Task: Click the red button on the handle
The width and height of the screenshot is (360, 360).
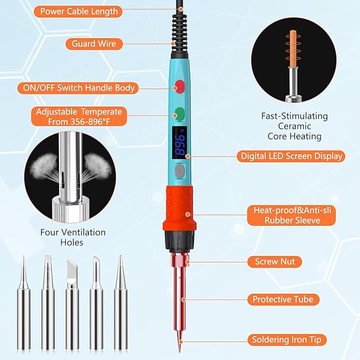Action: tap(180, 86)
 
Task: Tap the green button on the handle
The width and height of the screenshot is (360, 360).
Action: tap(180, 113)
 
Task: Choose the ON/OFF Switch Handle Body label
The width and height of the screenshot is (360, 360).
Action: tap(78, 88)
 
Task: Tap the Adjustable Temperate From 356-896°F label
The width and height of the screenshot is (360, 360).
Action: tap(78, 117)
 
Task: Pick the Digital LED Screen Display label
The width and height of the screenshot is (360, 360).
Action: tap(291, 156)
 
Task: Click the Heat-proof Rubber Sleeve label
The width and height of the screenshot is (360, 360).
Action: tap(291, 215)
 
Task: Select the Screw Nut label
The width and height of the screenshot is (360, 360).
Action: tap(274, 261)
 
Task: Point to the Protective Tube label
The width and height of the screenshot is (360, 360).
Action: tap(286, 300)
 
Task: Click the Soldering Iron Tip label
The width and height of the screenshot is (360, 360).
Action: tap(289, 339)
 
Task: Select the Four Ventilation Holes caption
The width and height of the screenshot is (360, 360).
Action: tap(73, 238)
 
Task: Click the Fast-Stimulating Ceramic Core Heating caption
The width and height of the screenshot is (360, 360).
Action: tap(294, 126)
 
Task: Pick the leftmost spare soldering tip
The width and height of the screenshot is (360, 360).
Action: tap(24, 308)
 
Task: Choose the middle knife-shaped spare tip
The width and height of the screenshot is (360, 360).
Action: tap(72, 308)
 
